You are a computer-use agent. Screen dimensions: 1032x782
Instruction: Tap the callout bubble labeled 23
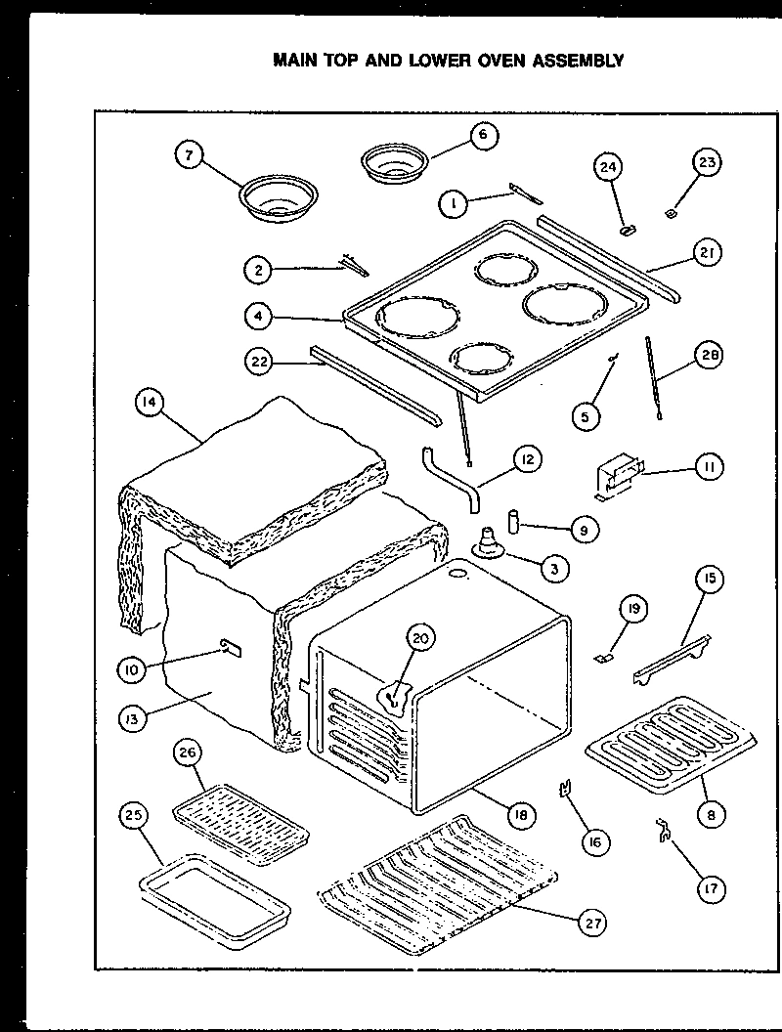click(x=706, y=163)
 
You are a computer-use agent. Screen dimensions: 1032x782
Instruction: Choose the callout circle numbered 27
click(x=592, y=922)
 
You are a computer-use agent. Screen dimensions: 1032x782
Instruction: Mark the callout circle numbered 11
click(x=708, y=467)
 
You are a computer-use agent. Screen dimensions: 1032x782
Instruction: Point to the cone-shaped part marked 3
click(x=488, y=542)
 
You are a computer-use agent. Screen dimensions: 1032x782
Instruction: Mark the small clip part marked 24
click(x=628, y=230)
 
